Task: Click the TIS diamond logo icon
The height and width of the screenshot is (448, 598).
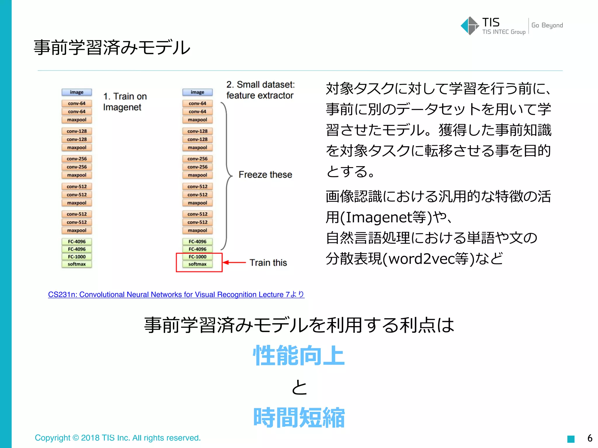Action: pos(470,26)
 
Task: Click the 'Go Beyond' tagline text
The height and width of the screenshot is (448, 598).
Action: pos(547,25)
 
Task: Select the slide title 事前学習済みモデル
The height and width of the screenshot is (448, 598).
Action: pos(112,48)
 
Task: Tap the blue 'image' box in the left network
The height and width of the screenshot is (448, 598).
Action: pos(77,92)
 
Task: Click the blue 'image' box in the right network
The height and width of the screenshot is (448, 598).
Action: pos(197,92)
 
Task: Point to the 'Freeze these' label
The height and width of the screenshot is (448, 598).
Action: pos(265,174)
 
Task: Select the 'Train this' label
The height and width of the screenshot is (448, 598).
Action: pos(268,262)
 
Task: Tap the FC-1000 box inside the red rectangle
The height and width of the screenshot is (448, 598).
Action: pos(197,257)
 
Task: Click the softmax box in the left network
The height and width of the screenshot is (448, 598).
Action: pos(77,264)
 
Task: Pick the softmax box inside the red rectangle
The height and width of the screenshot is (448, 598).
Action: pos(197,264)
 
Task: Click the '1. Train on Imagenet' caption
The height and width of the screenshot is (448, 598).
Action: pos(125,102)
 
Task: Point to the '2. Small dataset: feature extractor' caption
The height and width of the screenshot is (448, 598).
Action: pos(260,90)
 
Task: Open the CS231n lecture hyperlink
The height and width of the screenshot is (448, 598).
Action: pos(176,295)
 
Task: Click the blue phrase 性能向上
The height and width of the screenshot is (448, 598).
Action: pos(299,356)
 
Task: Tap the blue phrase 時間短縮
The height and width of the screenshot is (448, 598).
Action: pos(299,418)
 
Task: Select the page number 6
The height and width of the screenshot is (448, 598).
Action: pos(590,438)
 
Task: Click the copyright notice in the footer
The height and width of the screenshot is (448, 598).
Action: pos(118,438)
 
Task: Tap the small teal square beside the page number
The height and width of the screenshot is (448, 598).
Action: pos(571,439)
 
